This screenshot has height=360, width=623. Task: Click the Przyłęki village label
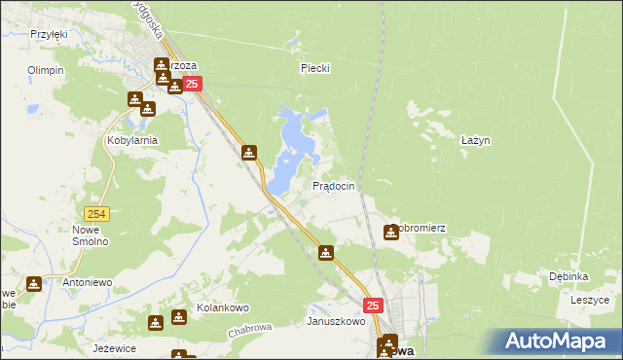(x=49, y=34)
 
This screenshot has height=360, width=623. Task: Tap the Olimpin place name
(x=46, y=70)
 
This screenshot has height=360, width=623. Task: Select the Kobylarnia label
(x=132, y=140)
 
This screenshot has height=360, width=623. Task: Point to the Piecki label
(x=315, y=68)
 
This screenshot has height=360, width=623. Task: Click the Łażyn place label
(x=475, y=140)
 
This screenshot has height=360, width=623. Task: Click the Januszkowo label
(x=336, y=320)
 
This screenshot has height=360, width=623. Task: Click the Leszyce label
(x=589, y=300)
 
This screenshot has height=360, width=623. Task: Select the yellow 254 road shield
(x=95, y=214)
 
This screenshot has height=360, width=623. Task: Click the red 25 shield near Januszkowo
(x=375, y=306)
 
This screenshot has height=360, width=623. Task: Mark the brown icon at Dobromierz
(x=391, y=232)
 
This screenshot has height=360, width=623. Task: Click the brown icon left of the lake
(x=250, y=153)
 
